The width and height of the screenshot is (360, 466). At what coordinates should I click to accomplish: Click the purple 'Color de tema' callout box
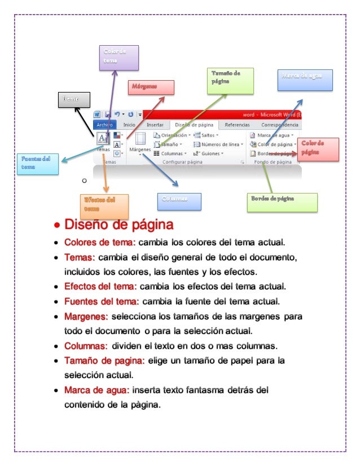point(118,58)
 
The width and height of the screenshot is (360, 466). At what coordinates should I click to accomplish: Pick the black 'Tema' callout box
point(74,99)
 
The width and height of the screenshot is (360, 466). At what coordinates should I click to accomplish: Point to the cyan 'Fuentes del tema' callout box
point(37,164)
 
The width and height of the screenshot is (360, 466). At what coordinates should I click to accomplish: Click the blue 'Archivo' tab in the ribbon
point(105,125)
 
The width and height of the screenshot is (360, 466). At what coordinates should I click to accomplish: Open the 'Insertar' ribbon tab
point(155,125)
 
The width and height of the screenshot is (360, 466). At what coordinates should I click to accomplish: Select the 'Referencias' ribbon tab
point(238,125)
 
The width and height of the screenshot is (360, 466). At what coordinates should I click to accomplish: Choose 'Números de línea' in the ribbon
point(218,144)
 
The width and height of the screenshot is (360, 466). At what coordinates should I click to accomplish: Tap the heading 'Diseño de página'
point(118,226)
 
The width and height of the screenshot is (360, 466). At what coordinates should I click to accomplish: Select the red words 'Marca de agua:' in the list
point(97,390)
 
